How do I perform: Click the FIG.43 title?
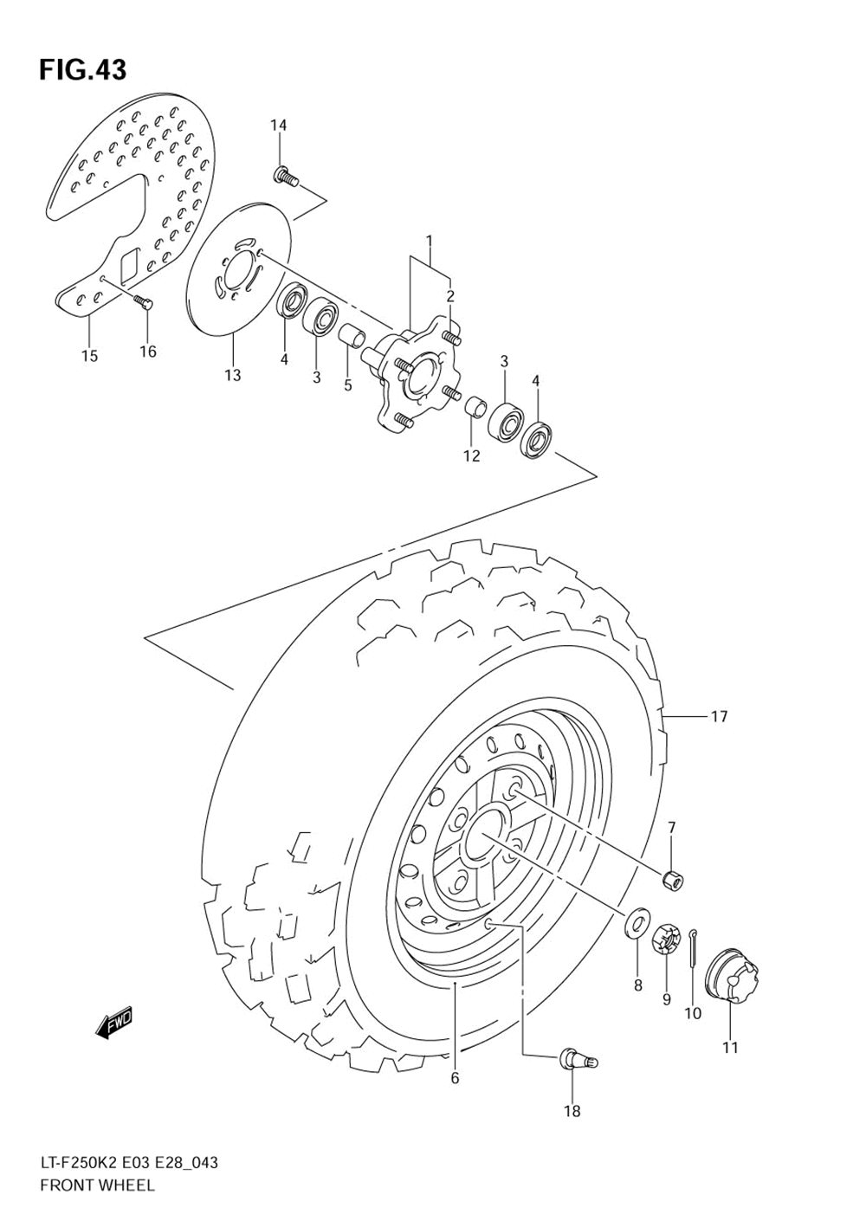[x=82, y=70]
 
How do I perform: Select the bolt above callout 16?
[x=143, y=302]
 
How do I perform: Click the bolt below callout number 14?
[x=286, y=178]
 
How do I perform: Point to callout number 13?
[x=232, y=375]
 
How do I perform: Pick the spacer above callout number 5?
[x=350, y=333]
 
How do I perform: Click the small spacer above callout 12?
[x=474, y=407]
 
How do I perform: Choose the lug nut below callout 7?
[x=672, y=879]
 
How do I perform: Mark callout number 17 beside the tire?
[x=719, y=716]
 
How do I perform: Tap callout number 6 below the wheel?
[x=455, y=1078]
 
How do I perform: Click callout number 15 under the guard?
[x=90, y=356]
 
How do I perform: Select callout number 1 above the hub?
[x=429, y=240]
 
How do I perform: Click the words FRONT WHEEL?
[x=97, y=1185]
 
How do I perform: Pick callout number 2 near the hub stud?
[x=450, y=296]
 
